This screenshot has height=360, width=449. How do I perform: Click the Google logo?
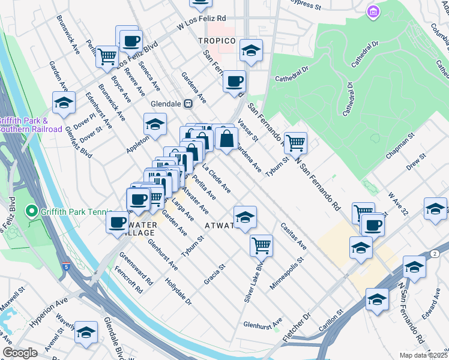click(x=20, y=353)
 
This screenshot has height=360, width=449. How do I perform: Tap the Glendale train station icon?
click(x=188, y=103)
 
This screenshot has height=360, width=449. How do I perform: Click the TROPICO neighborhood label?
click(x=216, y=40)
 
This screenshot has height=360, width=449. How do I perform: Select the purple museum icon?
click(x=373, y=11)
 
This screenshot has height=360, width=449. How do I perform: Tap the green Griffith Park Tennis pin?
click(x=31, y=211)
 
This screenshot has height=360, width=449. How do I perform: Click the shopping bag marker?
click(x=226, y=139)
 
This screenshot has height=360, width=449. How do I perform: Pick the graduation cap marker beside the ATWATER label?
click(x=245, y=218)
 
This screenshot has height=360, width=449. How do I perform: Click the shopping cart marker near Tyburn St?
click(x=295, y=143)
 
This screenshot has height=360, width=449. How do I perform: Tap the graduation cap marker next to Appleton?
click(x=155, y=124)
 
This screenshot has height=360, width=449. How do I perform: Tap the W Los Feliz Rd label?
click(x=201, y=23)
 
